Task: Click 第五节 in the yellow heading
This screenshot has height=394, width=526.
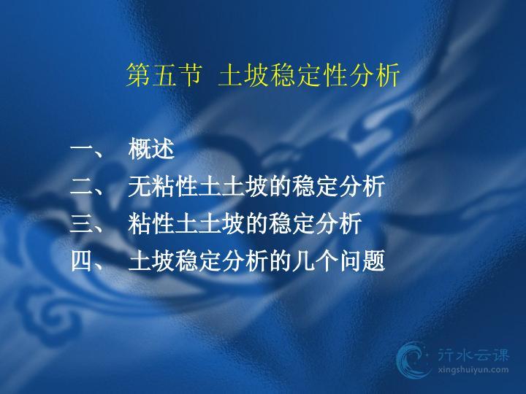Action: [164, 74]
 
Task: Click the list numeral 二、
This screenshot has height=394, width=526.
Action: [87, 186]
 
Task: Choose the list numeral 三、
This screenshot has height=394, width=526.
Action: [87, 223]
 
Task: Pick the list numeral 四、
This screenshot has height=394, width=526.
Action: [87, 260]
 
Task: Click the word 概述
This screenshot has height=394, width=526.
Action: [151, 149]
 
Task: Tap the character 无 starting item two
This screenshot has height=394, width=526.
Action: [140, 186]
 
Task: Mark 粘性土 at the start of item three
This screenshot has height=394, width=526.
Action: [163, 223]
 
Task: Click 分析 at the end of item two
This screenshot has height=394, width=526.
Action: [362, 186]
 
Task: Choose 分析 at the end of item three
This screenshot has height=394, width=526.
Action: [339, 223]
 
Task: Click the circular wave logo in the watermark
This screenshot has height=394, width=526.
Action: [413, 360]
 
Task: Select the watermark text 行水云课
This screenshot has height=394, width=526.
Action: [473, 355]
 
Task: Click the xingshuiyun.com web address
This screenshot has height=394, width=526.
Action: [473, 370]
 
